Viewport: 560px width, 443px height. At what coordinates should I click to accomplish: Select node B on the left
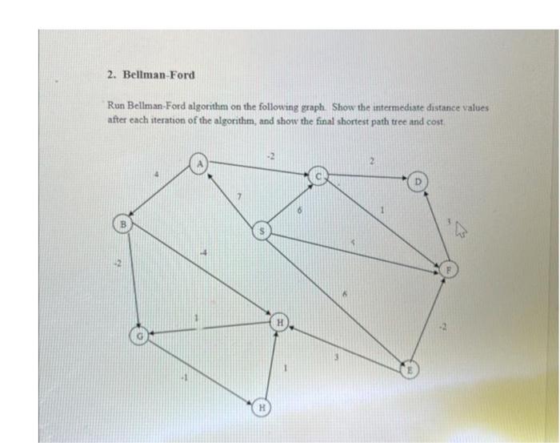coord(122,222)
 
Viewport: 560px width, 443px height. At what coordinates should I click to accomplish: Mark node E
coord(409,370)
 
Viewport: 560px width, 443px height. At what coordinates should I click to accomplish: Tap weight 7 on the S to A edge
coord(239,195)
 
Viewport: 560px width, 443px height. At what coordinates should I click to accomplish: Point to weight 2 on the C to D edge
coord(371,162)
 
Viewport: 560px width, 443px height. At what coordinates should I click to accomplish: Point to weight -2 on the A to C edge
coord(271,155)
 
